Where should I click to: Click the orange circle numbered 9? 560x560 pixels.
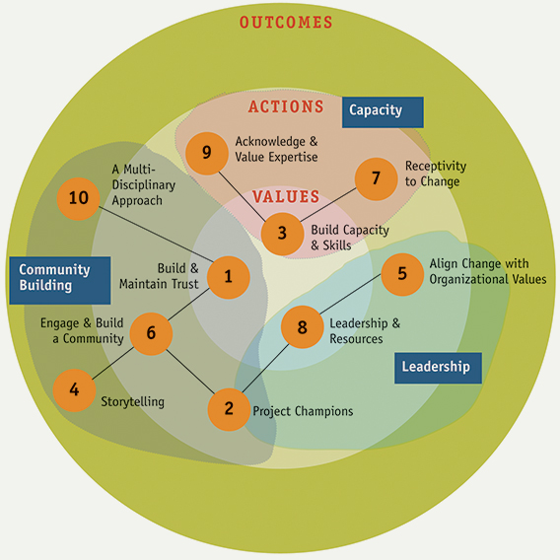point(207,153)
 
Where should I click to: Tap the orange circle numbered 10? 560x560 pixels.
point(78,198)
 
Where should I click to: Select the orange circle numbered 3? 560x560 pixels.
point(282,234)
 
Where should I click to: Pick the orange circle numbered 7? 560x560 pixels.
point(376,178)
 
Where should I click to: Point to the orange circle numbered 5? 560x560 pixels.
point(402,274)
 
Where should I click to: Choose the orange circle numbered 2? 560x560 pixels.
point(229,409)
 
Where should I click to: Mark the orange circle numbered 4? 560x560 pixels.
point(74,390)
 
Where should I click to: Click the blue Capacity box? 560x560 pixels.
point(383,112)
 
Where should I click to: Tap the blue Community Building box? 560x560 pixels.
point(60,280)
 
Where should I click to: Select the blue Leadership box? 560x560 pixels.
point(438,368)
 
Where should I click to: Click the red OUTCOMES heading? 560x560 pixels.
point(286,22)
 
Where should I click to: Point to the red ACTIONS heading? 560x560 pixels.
point(286,106)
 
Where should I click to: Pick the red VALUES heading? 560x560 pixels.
point(286,196)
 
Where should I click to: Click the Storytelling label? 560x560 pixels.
point(132,402)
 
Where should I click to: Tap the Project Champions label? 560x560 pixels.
point(303,411)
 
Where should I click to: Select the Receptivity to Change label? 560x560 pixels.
point(436,174)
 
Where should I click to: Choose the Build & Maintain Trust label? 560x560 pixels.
point(159,276)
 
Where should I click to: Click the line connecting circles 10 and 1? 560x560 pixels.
point(156,234)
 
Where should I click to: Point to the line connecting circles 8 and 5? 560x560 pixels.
point(351,294)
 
